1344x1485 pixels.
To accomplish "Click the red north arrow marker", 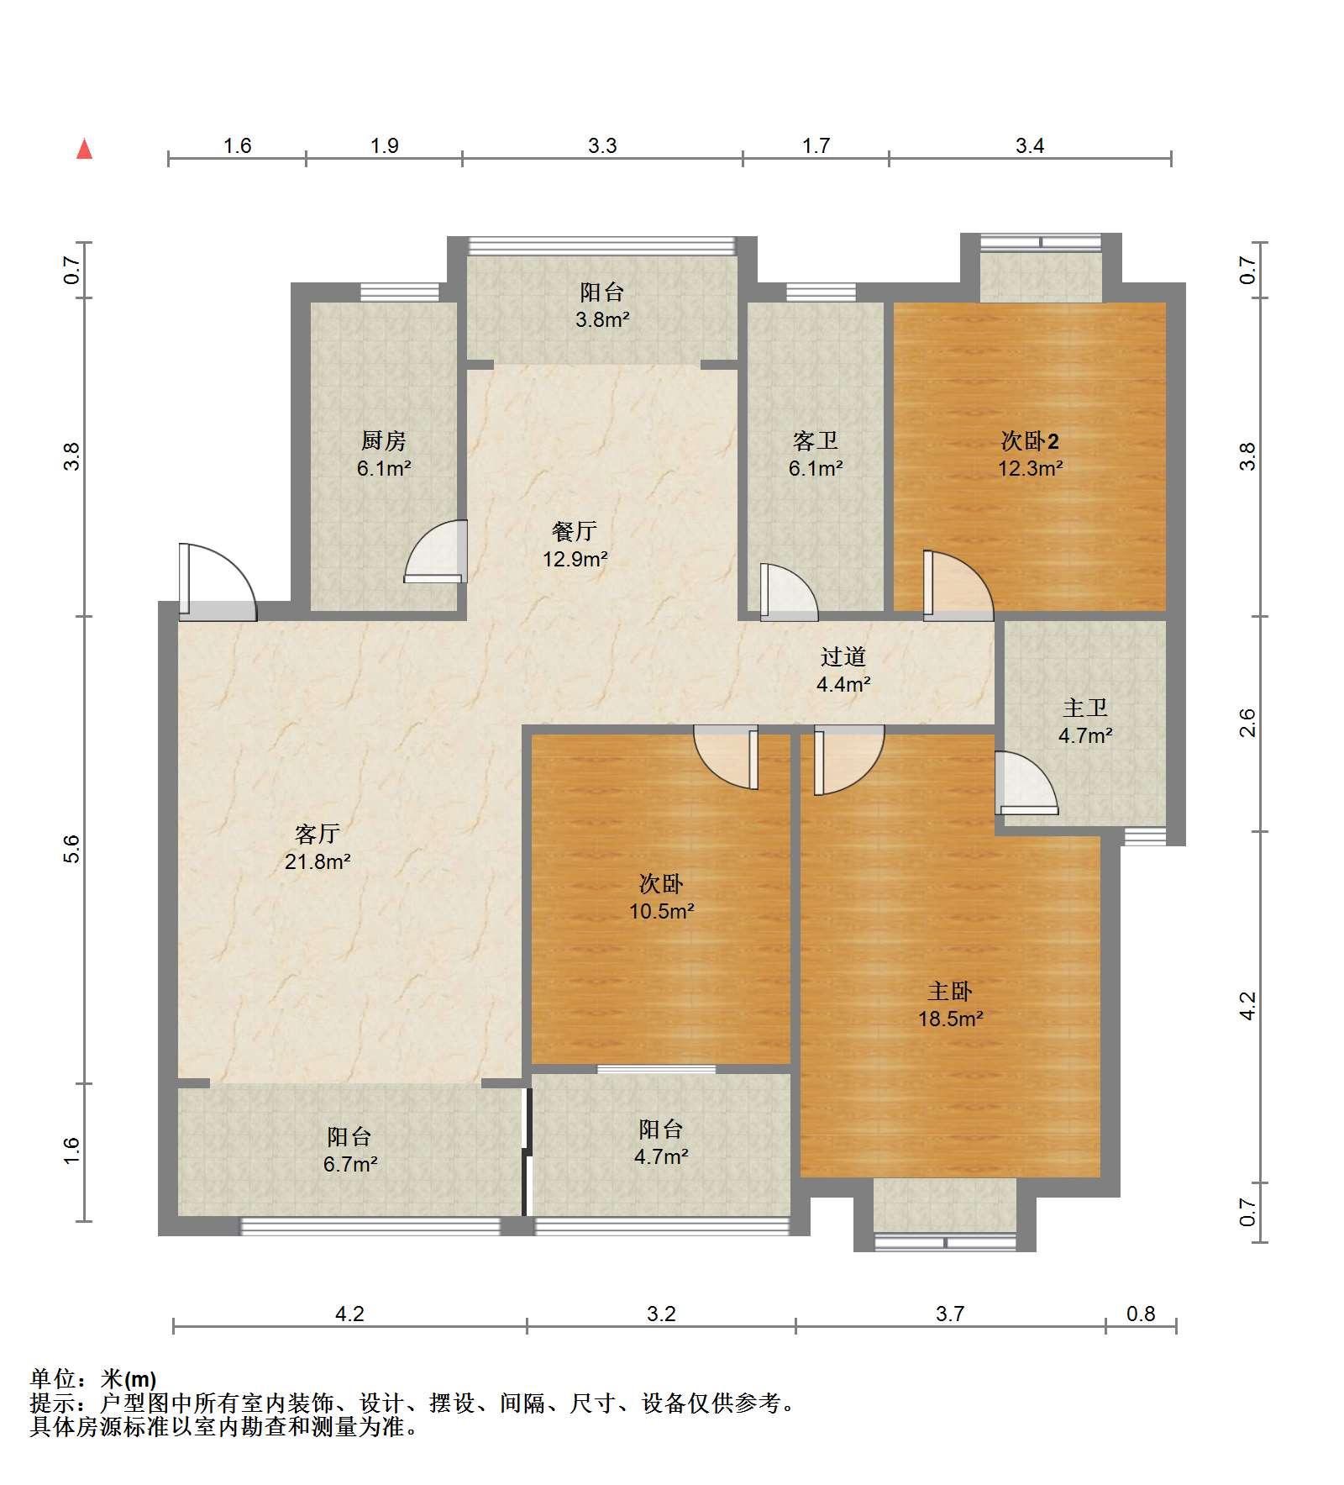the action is pos(84,149).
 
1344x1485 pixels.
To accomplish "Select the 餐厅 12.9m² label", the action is pos(575,545).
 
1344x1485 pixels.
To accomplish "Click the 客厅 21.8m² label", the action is pos(318,847).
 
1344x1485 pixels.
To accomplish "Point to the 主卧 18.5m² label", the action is pos(950,1004).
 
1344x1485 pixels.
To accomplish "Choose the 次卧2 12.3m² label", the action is pos(1031,454).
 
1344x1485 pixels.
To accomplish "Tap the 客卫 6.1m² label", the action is pos(816,454).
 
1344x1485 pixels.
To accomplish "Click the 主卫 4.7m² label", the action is pos(1085,722).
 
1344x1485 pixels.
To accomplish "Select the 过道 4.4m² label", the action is pos(843,670).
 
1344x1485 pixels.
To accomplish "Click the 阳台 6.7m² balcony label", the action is pos(349,1151).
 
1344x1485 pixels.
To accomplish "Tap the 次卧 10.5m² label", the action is pos(662,897).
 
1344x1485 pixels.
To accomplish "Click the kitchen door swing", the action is pos(435,551).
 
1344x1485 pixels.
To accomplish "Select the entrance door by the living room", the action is pos(217,582).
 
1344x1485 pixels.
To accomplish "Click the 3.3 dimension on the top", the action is pos(602,146).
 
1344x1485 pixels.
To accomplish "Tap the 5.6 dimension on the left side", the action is pos(72,849).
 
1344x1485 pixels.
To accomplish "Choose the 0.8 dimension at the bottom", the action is pos(1141,1313).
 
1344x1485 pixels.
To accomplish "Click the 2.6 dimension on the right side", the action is pos(1248,724).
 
